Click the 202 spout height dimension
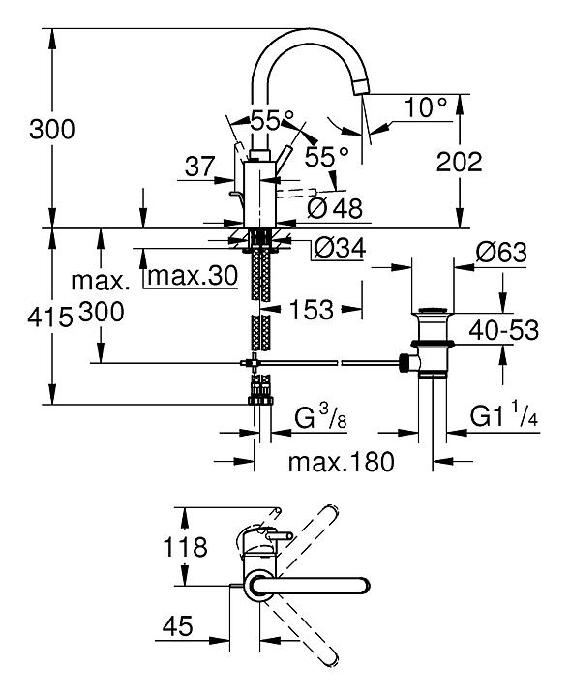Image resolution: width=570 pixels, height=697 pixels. point(459,162)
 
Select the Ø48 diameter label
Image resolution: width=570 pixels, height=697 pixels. point(335,207)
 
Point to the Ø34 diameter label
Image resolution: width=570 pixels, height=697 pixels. point(340,247)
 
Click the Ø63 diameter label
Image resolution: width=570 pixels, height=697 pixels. point(501,252)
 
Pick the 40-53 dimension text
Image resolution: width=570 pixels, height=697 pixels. point(504,330)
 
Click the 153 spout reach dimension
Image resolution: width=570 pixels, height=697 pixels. point(311,309)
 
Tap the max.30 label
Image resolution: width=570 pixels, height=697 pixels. point(193,276)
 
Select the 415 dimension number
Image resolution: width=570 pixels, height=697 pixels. point(49,318)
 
